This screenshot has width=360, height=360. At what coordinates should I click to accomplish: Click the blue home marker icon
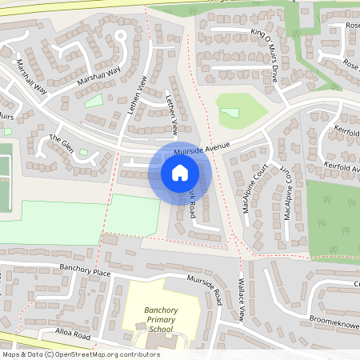(180, 172)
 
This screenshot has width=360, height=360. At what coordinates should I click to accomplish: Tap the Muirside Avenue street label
(202, 147)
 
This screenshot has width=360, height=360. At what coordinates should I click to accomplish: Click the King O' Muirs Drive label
(263, 53)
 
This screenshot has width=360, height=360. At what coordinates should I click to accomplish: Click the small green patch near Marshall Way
(94, 102)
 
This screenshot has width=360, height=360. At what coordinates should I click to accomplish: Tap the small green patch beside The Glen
(83, 152)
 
